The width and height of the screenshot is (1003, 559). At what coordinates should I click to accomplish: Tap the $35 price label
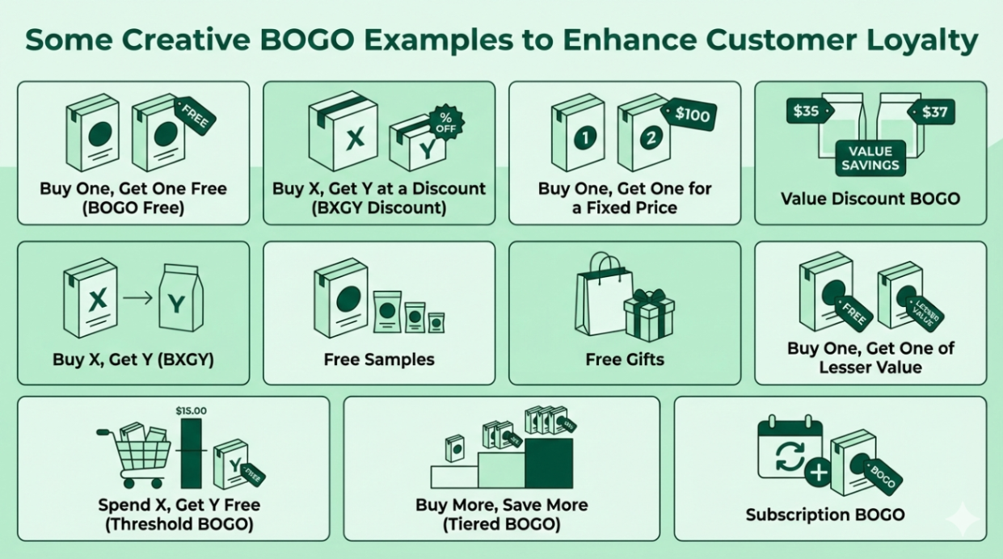(806, 111)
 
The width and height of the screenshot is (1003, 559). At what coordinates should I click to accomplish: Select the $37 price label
(932, 112)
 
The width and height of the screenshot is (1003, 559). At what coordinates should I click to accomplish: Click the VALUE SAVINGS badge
(870, 158)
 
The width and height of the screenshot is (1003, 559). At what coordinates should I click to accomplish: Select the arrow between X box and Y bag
(138, 296)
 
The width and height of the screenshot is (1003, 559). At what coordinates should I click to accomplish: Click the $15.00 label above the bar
(191, 411)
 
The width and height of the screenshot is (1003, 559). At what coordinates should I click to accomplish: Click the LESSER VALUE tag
(925, 313)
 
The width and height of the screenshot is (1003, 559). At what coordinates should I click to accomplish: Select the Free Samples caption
(379, 359)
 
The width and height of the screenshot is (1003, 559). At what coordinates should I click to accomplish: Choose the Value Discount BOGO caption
(870, 198)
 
